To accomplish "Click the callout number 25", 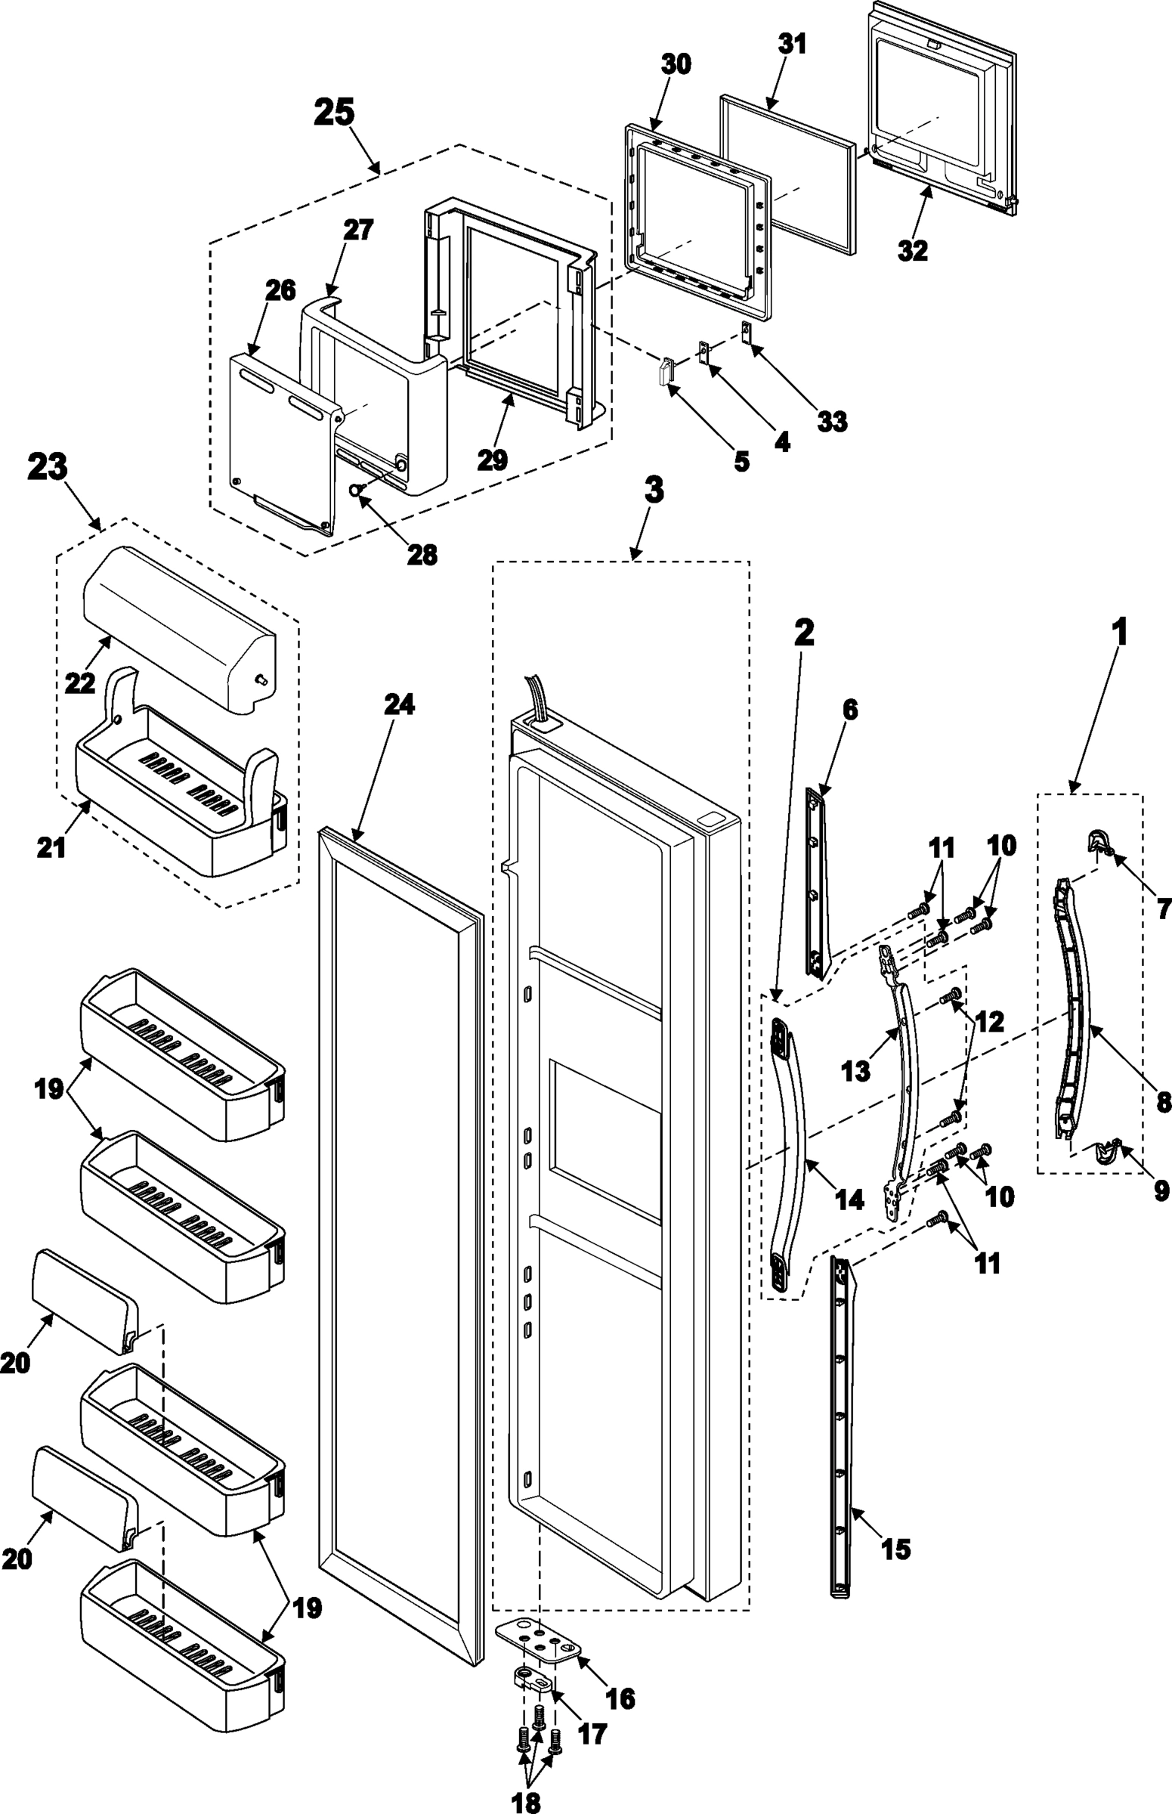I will point(334,113).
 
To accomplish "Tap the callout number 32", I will point(913,249).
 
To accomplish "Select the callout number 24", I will point(399,705).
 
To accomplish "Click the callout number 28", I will point(422,555).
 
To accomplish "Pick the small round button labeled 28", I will point(354,491).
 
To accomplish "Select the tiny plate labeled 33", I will point(746,331).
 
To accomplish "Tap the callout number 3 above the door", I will point(653,491).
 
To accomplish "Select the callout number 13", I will point(855,1071).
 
